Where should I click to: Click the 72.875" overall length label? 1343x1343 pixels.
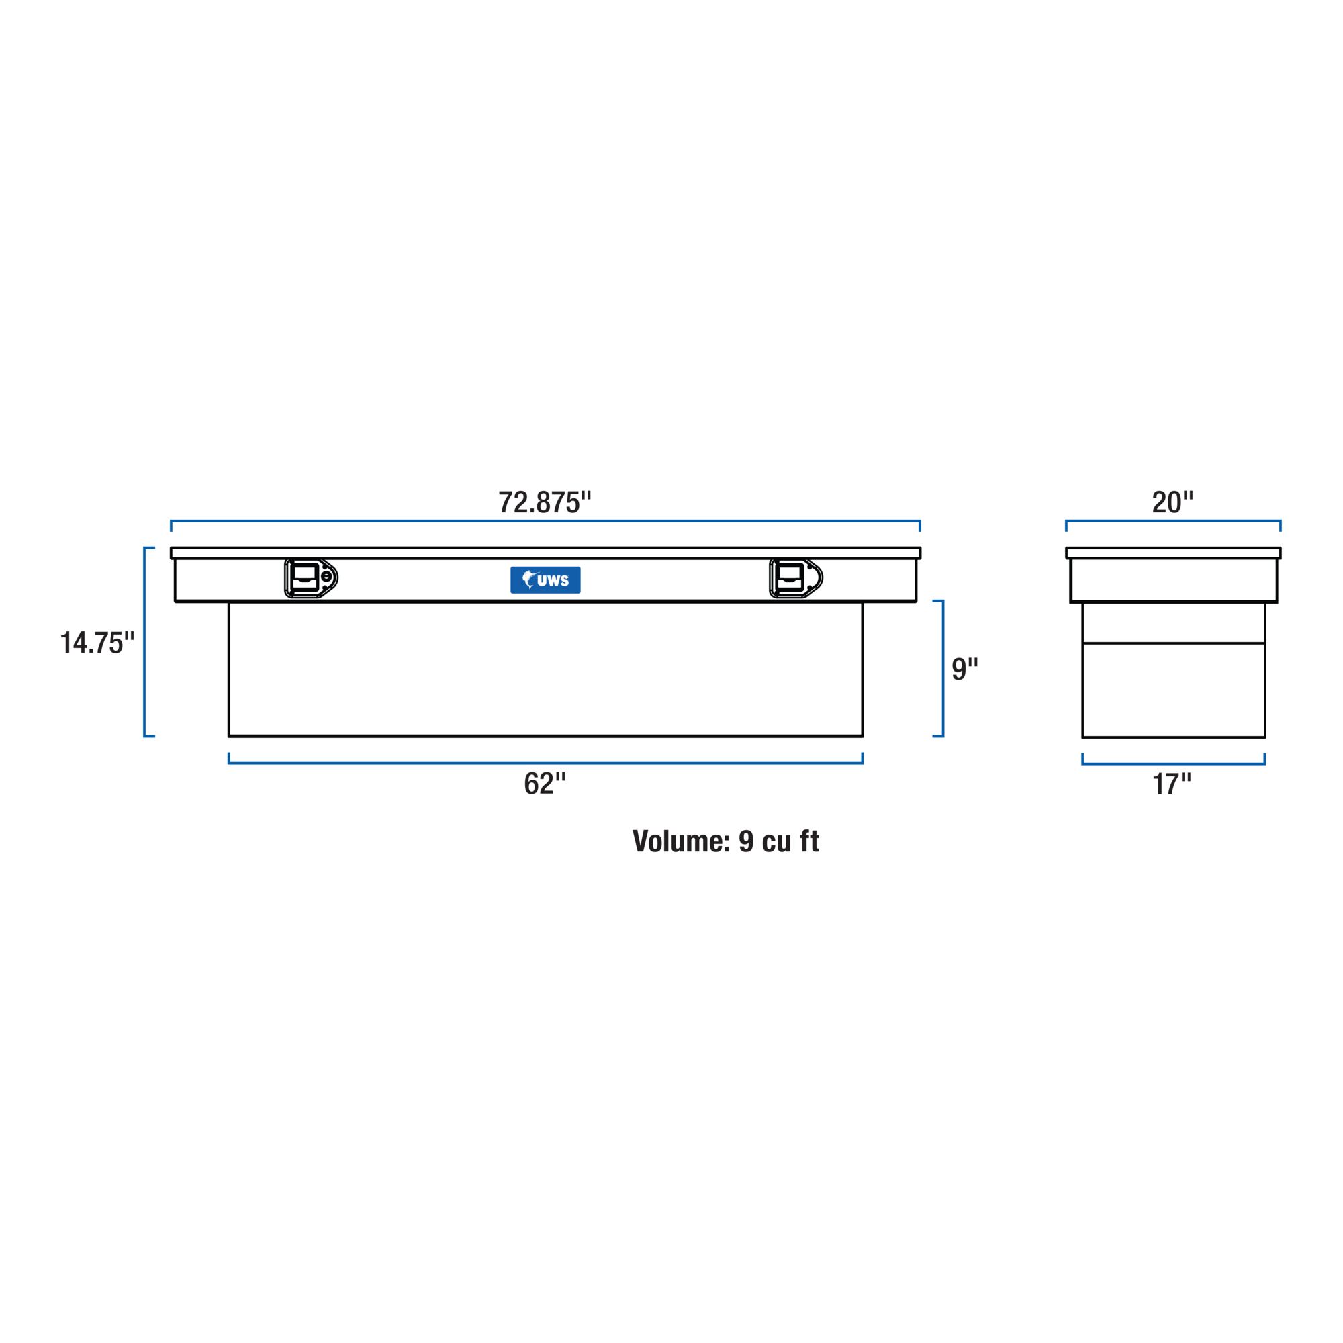point(545,502)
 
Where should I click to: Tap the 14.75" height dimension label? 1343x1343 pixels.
point(97,643)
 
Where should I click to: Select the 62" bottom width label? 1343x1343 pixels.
point(545,784)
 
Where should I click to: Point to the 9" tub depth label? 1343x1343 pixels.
point(965,669)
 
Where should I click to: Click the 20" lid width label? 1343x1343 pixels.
point(1172,502)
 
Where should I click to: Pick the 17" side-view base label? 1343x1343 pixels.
point(1172,784)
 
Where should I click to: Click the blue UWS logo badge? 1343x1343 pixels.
point(546,580)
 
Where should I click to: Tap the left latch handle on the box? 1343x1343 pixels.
point(311,577)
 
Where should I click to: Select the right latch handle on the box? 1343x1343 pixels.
point(796,577)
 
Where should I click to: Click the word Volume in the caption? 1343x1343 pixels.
point(681,841)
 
